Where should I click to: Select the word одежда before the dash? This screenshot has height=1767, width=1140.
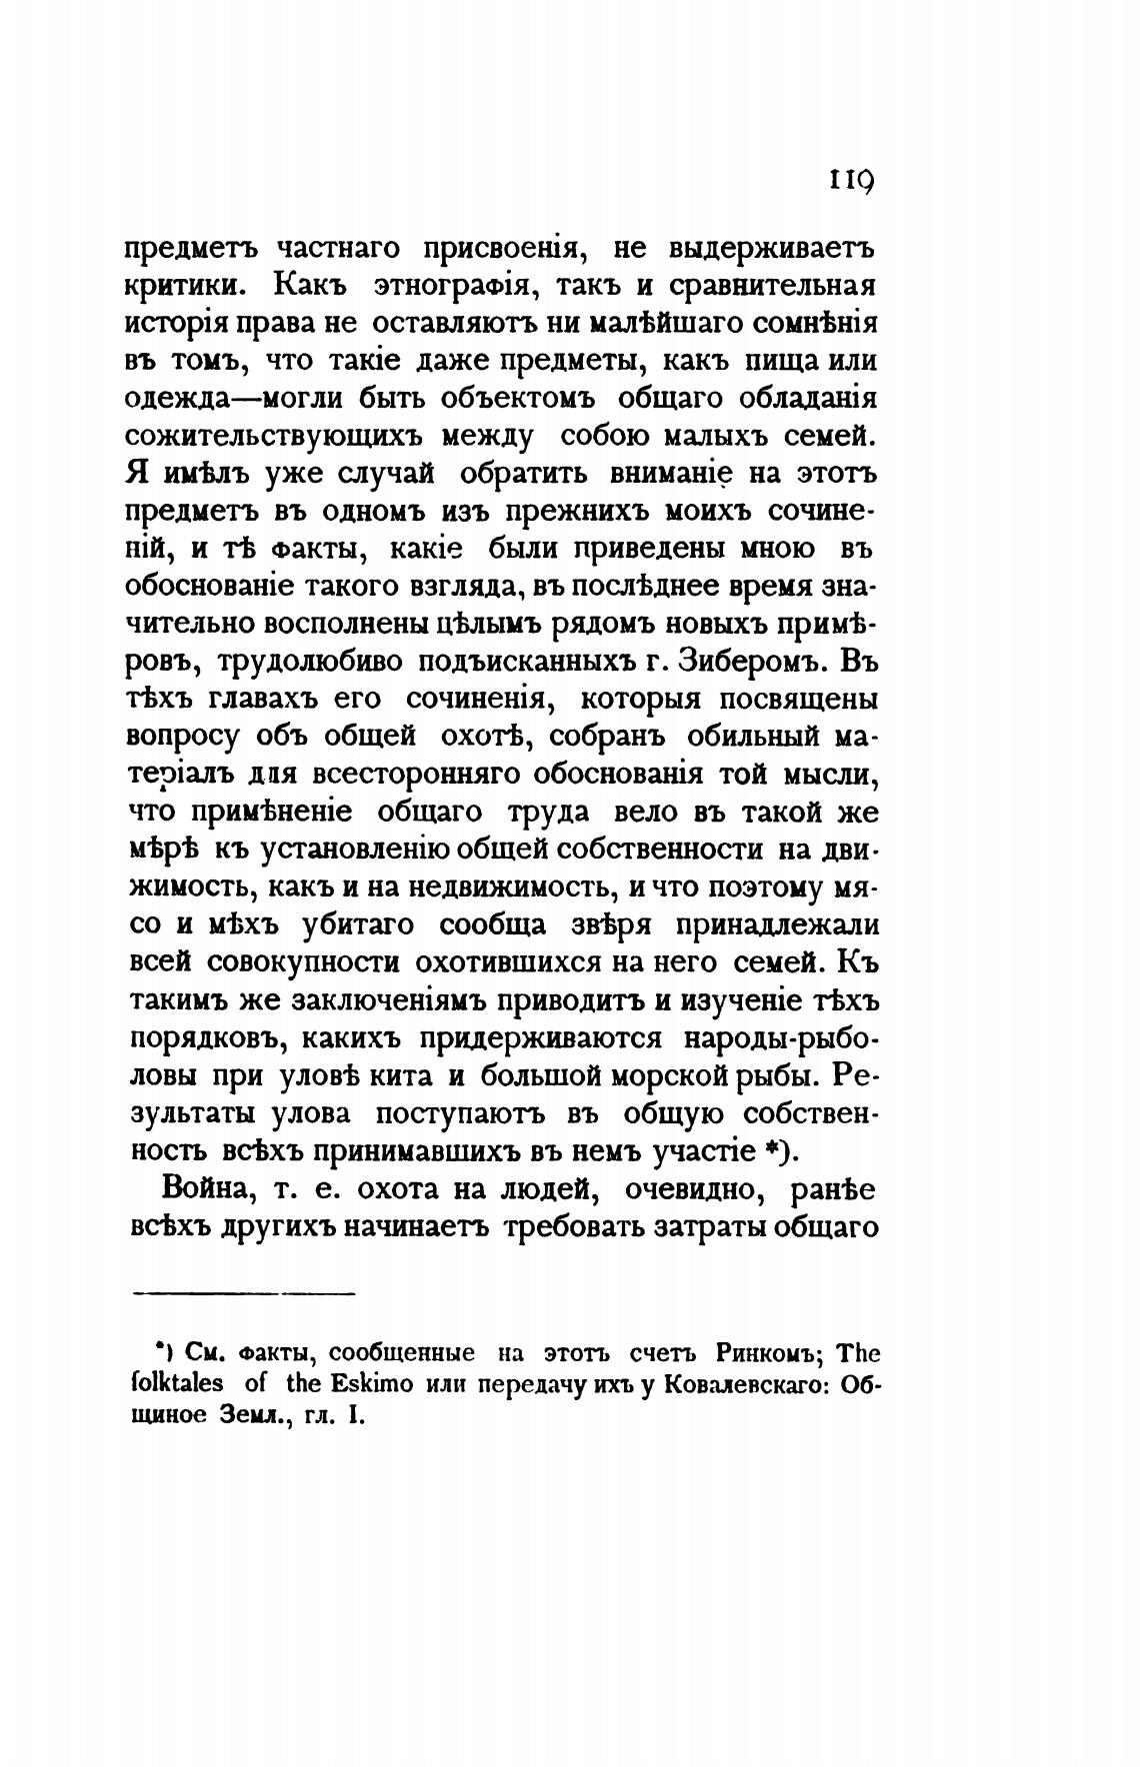pos(177,399)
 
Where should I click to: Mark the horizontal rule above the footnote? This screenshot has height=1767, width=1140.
pos(244,1295)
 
